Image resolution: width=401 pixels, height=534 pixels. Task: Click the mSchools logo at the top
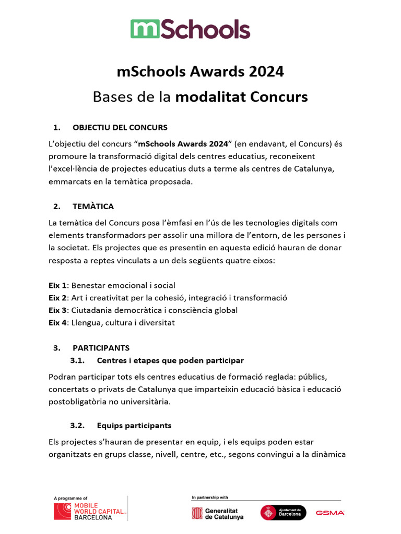190,29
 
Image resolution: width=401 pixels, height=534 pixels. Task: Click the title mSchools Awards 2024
200,71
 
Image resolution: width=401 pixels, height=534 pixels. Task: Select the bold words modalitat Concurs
241,97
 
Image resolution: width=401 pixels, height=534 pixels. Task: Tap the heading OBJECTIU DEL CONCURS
120,127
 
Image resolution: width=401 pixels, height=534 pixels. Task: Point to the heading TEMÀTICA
93,206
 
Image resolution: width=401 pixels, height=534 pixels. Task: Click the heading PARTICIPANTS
101,348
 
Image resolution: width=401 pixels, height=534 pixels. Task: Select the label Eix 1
57,285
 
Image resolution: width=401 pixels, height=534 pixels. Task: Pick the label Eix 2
57,298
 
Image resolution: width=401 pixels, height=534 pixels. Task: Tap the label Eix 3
57,310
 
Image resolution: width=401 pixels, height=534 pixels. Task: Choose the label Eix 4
57,323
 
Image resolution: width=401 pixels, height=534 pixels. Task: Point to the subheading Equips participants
134,426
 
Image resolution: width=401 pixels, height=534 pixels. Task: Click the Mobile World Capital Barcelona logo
90,511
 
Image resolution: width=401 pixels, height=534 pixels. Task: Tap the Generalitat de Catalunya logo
218,513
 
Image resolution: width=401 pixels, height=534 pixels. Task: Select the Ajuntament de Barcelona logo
283,513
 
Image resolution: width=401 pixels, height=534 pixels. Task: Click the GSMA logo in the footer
330,513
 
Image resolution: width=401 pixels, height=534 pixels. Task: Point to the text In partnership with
210,497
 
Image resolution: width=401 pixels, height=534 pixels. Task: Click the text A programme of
70,498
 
